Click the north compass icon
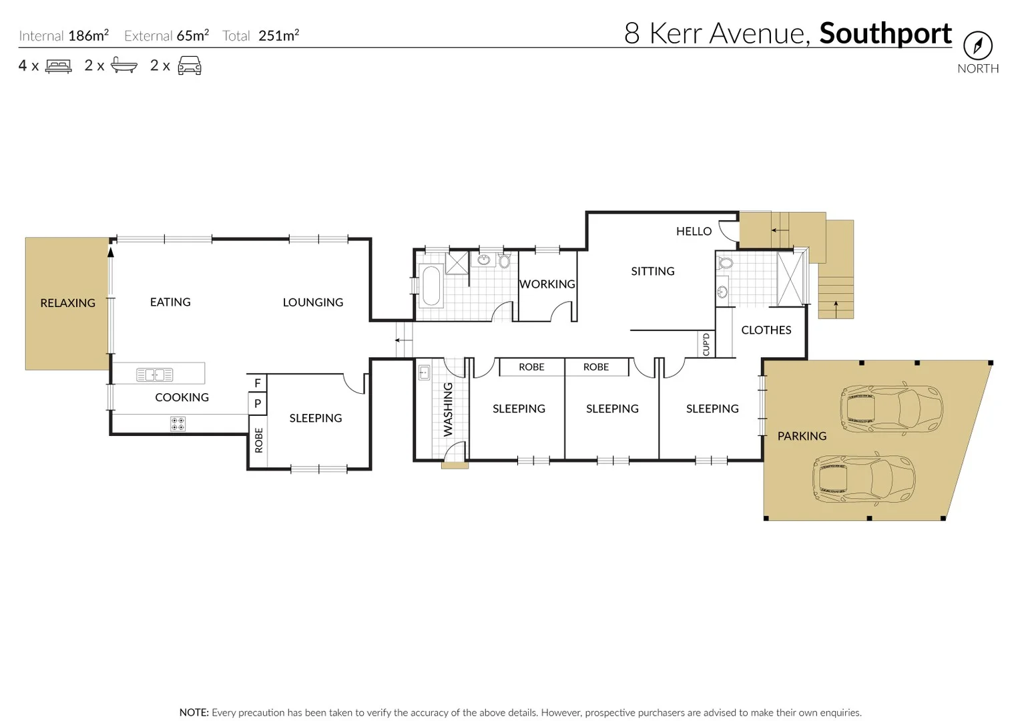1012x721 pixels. pos(977,46)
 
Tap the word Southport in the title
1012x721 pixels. pos(885,33)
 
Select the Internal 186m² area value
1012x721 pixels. pos(88,36)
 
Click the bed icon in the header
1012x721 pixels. pos(58,66)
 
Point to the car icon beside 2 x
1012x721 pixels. pos(189,66)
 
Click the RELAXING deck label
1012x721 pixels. pos(67,303)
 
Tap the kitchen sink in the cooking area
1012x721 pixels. pos(154,375)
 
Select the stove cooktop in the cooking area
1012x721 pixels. pos(178,424)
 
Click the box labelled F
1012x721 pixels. pos(258,383)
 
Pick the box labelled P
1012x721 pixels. pos(258,403)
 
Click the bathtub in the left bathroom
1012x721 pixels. pos(431,286)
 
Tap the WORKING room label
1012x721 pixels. pos(547,284)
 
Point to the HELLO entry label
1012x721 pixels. pos(694,232)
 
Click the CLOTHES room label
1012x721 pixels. pos(766,330)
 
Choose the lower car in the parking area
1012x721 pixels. pos(863,479)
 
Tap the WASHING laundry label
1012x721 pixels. pos(448,409)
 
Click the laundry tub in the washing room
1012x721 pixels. pos(424,372)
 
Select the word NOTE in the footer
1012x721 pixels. pos(194,712)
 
